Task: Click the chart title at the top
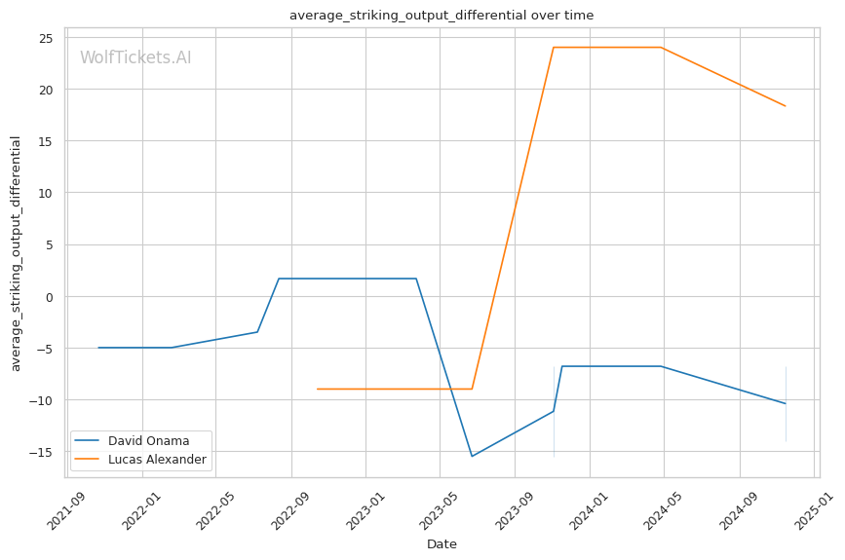pos(442,16)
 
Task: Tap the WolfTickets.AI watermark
pos(135,58)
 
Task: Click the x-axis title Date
pos(442,544)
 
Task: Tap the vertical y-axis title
pos(17,253)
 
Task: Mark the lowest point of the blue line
pos(472,457)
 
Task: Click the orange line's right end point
pos(786,106)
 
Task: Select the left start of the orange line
pos(317,389)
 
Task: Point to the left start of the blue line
pos(98,348)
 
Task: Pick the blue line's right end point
pos(786,403)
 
